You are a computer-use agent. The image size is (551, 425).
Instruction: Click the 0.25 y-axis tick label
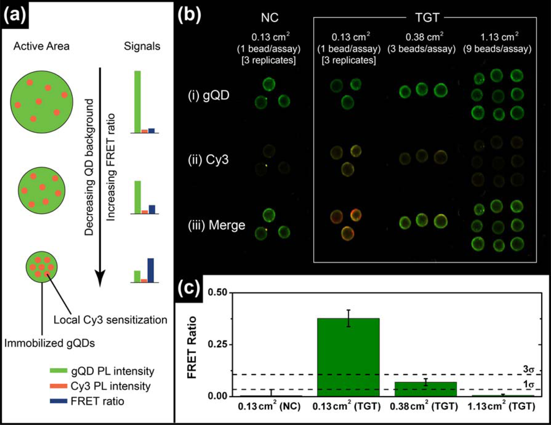217,344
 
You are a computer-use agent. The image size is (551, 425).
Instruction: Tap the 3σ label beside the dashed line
528,369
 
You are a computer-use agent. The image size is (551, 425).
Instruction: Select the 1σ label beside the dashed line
528,384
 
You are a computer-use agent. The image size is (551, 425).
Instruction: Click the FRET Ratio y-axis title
193,347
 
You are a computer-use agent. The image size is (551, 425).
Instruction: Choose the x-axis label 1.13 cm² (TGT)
501,406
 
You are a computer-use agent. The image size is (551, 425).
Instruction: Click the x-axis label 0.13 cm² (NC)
269,406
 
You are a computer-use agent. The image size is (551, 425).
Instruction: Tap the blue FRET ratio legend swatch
58,401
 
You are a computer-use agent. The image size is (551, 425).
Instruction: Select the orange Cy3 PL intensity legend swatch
58,386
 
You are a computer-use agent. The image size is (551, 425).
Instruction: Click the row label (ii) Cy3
208,160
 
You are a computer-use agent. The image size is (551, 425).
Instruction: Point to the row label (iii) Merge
216,225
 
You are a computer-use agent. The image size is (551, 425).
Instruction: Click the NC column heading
270,17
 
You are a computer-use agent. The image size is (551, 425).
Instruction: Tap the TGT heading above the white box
426,17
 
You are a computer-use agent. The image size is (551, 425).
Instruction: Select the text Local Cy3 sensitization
111,320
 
